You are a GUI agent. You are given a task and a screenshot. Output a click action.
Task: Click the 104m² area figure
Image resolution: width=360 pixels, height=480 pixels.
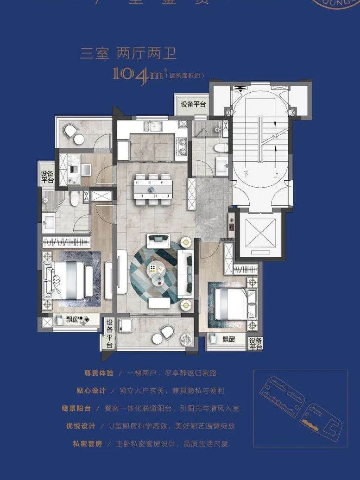pyautogui.click(x=139, y=74)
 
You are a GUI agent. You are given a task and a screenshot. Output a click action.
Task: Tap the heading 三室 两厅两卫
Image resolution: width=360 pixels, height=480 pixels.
pyautogui.click(x=128, y=54)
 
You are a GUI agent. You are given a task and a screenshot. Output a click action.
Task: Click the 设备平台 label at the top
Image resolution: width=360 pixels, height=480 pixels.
pyautogui.click(x=193, y=105)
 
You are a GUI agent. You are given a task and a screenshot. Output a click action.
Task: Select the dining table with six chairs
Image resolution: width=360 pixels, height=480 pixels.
pyautogui.click(x=153, y=189)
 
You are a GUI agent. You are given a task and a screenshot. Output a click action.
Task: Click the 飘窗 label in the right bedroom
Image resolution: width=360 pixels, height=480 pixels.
pyautogui.click(x=228, y=340)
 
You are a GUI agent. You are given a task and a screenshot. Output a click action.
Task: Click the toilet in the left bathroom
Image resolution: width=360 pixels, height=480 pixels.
pyautogui.click(x=74, y=199)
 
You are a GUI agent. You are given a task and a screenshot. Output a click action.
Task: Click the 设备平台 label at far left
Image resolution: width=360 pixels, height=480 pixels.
pyautogui.click(x=47, y=177)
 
